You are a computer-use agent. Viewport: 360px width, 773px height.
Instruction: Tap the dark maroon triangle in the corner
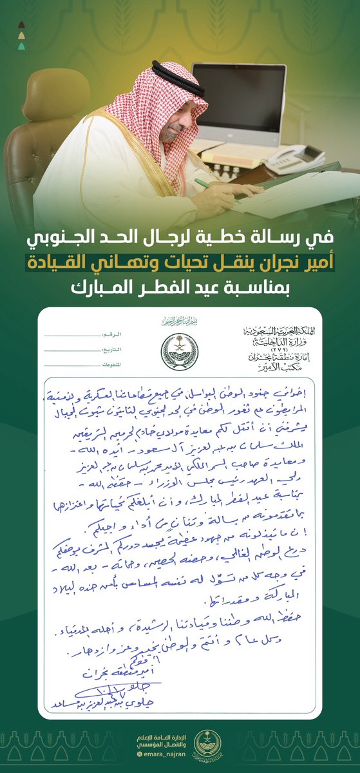pos(21,25)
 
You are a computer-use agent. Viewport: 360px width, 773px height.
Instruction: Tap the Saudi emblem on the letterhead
pos(180,350)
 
